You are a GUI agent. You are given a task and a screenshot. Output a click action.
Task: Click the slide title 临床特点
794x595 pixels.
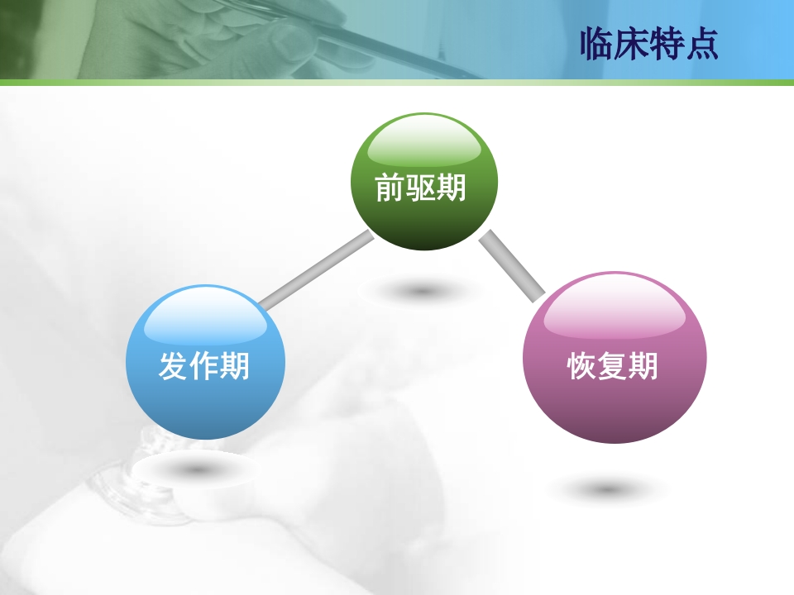[x=649, y=44]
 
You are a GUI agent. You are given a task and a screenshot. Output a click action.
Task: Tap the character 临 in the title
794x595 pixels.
[x=598, y=44]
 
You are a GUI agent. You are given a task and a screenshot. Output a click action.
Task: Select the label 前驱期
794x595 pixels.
[x=421, y=188]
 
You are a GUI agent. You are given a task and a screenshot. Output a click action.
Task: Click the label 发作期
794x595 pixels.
[x=204, y=365]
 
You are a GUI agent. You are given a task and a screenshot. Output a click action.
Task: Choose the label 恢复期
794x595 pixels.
[x=613, y=365]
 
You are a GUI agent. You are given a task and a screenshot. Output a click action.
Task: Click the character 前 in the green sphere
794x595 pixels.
[x=390, y=188]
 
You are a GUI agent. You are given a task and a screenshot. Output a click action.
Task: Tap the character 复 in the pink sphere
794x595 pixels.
[x=613, y=365]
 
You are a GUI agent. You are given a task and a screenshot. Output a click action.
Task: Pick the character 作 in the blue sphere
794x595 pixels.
[x=204, y=365]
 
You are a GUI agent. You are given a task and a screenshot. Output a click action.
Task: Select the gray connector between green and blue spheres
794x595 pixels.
[x=316, y=270]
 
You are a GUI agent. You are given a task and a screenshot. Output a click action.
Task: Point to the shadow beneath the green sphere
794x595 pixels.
[x=422, y=291]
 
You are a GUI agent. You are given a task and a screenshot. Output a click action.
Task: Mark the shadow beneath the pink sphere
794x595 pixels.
[x=609, y=490]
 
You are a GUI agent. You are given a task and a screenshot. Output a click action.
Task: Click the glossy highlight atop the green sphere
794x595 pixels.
[x=423, y=145]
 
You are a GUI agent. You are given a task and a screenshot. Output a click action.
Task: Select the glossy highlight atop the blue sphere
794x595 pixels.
[x=205, y=318]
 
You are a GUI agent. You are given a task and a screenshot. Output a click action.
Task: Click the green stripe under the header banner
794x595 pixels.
[x=397, y=83]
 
